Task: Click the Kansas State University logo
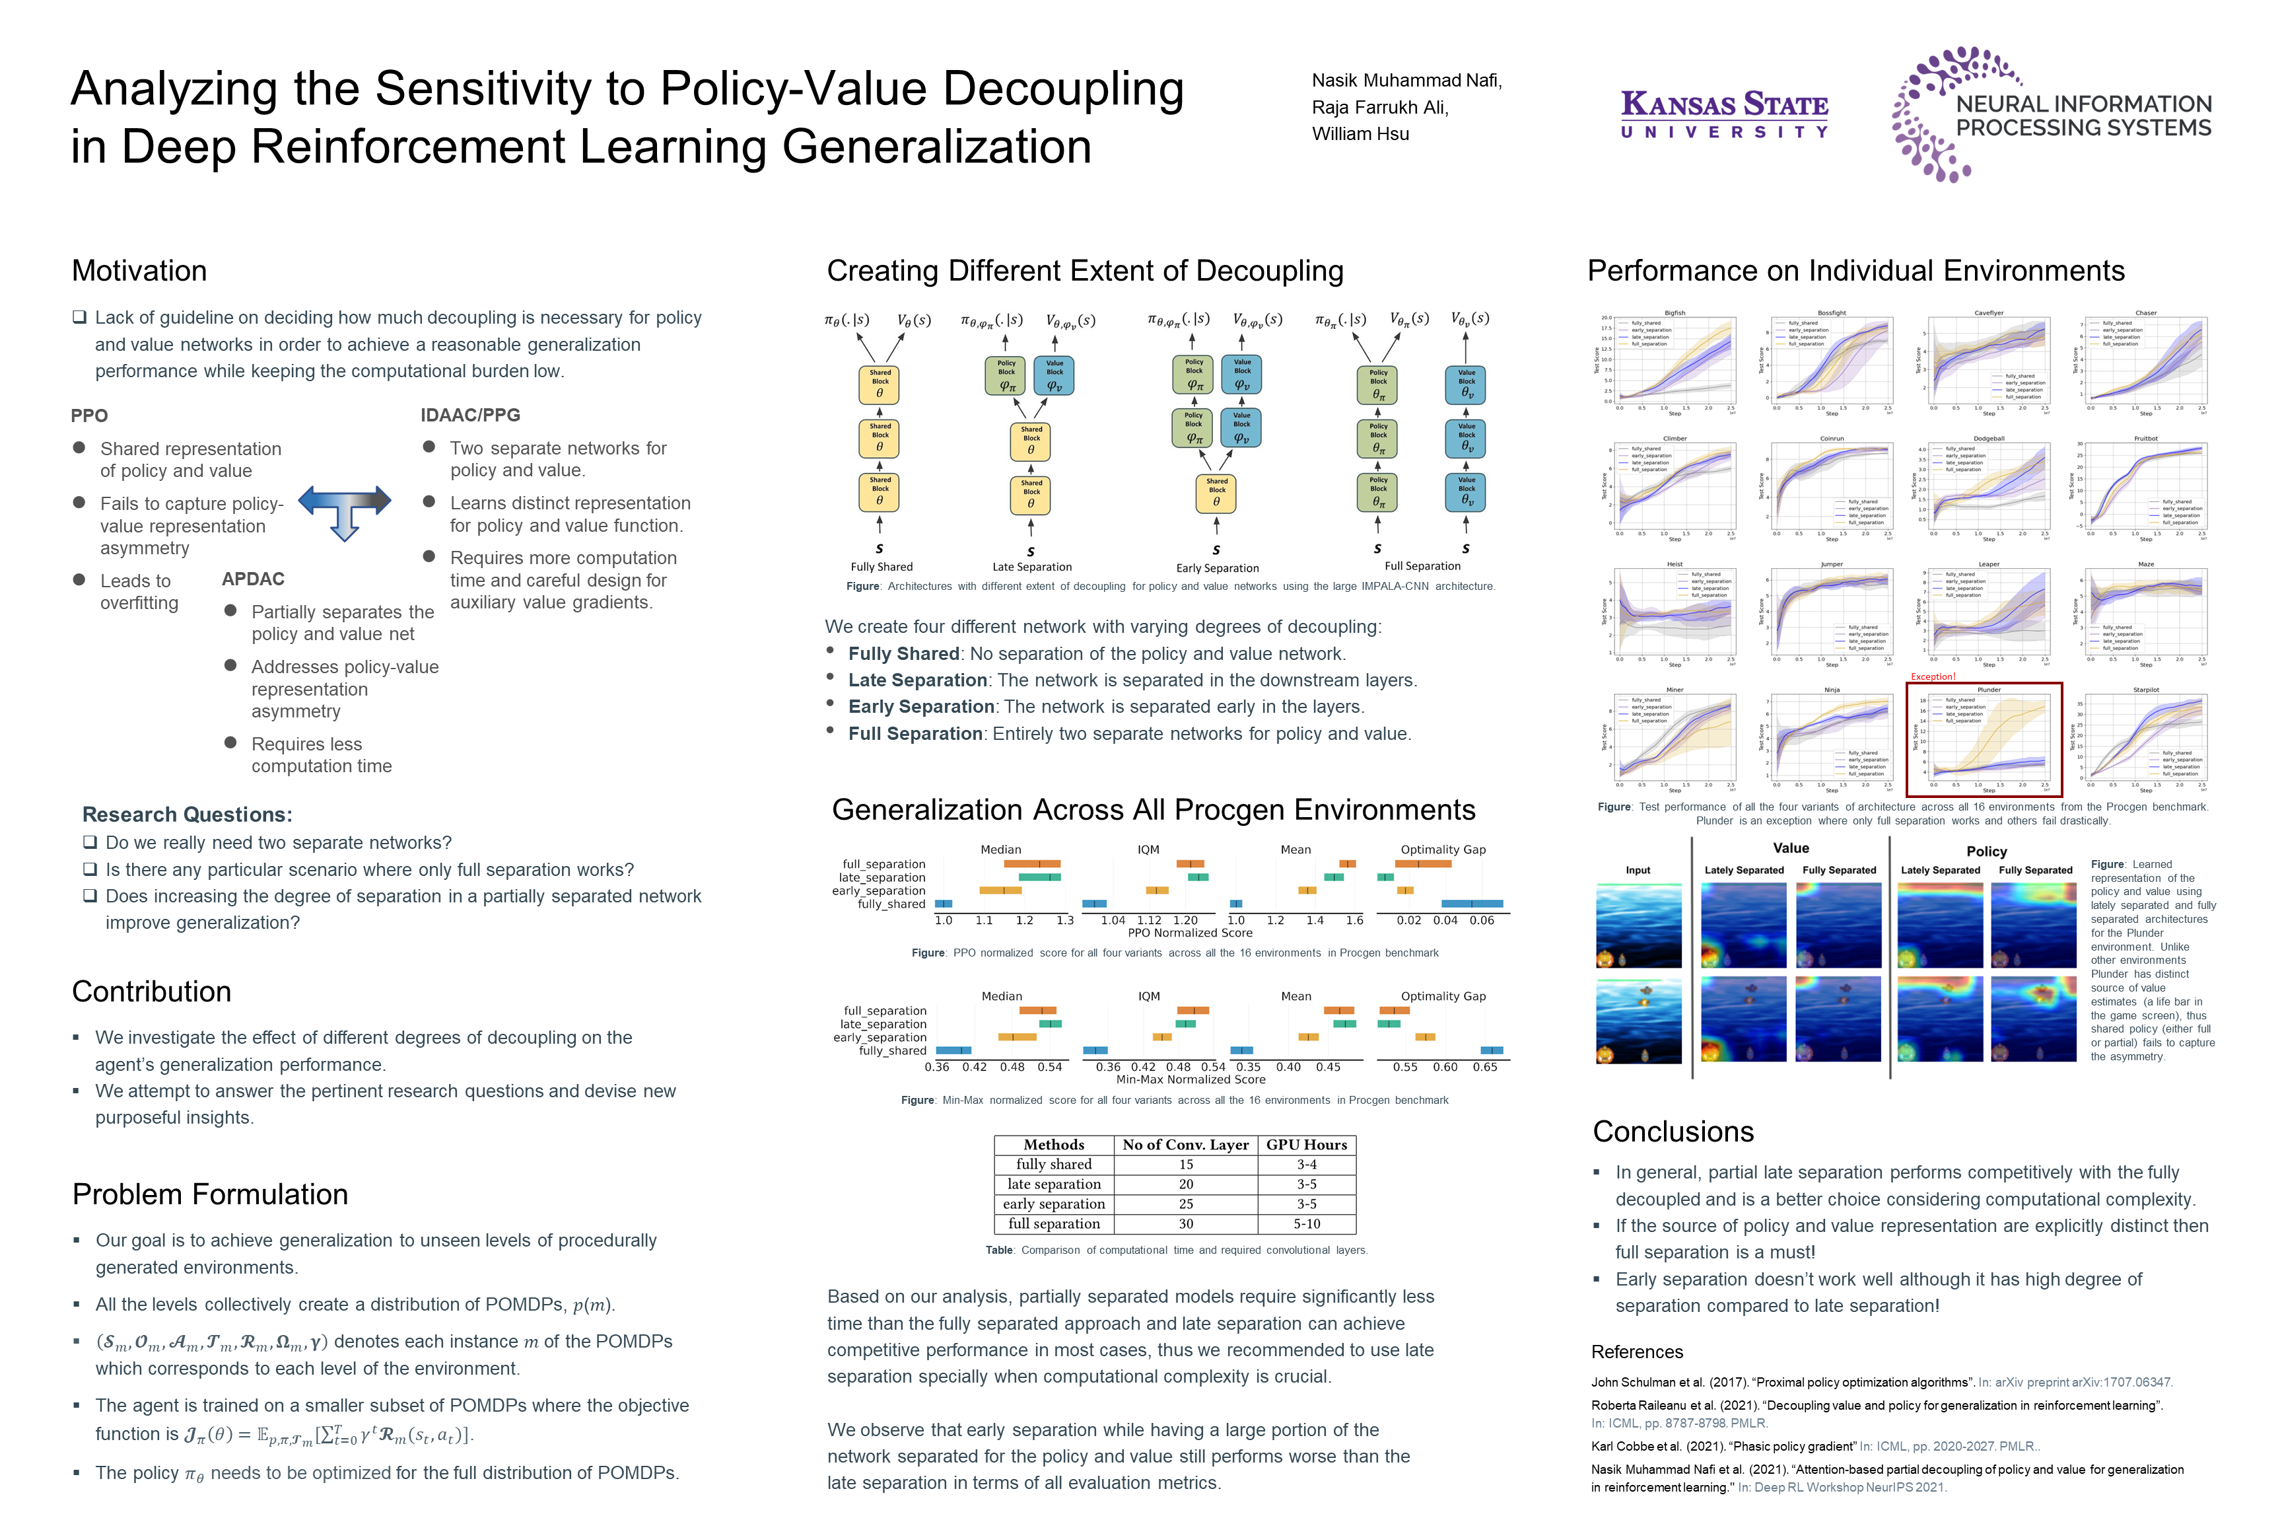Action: point(1724,114)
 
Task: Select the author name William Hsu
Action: point(1360,134)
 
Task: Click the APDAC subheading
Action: point(254,579)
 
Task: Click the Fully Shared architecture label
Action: point(881,567)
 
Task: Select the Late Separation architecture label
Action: point(1031,567)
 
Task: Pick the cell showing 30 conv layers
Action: point(1186,1224)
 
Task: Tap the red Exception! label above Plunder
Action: point(1933,676)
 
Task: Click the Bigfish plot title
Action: point(1675,312)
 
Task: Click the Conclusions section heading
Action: point(1673,1132)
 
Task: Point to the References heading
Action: point(1637,1352)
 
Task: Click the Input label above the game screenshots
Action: point(1638,871)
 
